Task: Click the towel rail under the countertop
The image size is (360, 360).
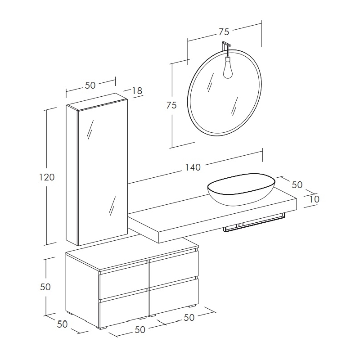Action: pyautogui.click(x=254, y=224)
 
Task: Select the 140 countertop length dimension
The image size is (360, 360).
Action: pyautogui.click(x=193, y=167)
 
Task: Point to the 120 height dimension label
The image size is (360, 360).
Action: pyautogui.click(x=47, y=177)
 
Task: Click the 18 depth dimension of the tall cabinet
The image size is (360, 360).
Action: pyautogui.click(x=137, y=91)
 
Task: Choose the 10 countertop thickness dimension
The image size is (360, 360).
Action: pyautogui.click(x=314, y=199)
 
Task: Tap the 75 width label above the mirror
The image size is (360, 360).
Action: pyautogui.click(x=224, y=32)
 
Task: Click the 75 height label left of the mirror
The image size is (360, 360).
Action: pyautogui.click(x=171, y=105)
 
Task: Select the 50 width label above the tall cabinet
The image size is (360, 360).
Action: pyautogui.click(x=90, y=85)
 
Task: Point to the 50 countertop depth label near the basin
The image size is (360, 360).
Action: pyautogui.click(x=297, y=185)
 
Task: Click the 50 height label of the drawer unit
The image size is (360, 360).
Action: pyautogui.click(x=45, y=287)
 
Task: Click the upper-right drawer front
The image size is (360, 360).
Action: pyautogui.click(x=174, y=269)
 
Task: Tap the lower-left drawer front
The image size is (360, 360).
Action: pyautogui.click(x=123, y=309)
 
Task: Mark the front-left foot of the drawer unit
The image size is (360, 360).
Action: pyautogui.click(x=102, y=328)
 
